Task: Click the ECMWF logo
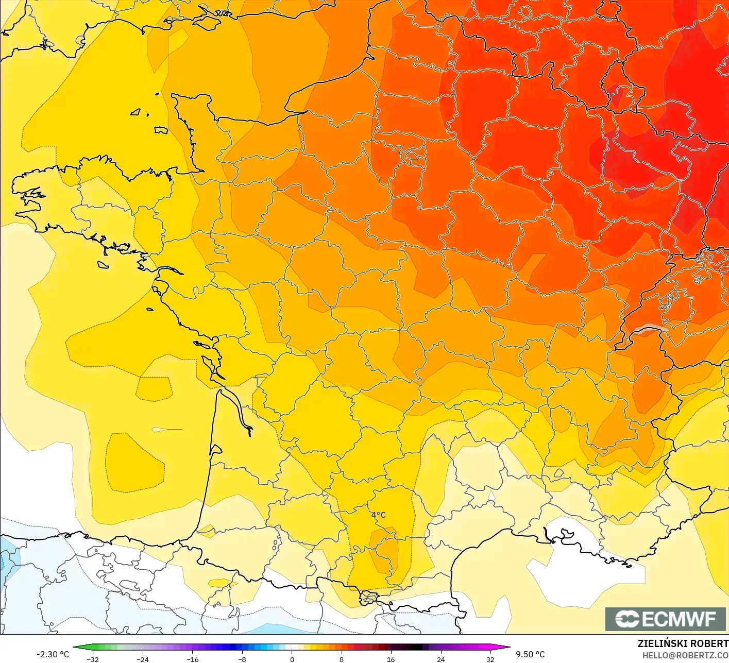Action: [665, 619]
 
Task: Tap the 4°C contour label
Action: [378, 515]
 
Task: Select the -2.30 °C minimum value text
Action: [53, 654]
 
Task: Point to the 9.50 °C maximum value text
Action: [530, 654]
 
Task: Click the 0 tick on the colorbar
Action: [292, 659]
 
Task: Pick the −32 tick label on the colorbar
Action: [93, 659]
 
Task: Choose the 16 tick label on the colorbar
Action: [391, 659]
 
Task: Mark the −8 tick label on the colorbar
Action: [242, 659]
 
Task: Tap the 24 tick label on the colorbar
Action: [440, 659]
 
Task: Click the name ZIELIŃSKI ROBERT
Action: [683, 643]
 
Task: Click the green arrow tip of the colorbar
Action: [75, 648]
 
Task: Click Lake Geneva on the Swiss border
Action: [650, 329]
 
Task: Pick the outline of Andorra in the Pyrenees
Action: [368, 598]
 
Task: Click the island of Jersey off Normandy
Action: [161, 130]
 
